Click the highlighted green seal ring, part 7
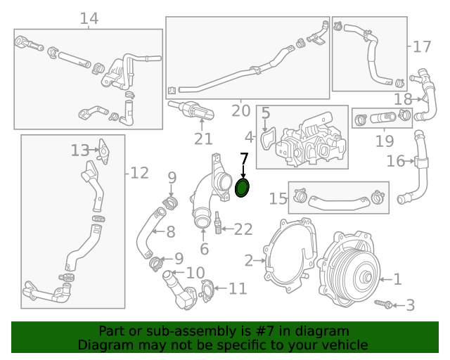(243, 188)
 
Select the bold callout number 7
(244, 159)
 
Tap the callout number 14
(89, 18)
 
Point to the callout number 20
(240, 111)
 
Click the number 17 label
(421, 47)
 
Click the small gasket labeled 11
(207, 289)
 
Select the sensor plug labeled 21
(194, 110)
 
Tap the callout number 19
(384, 141)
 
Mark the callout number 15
(278, 199)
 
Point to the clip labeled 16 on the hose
(420, 163)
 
